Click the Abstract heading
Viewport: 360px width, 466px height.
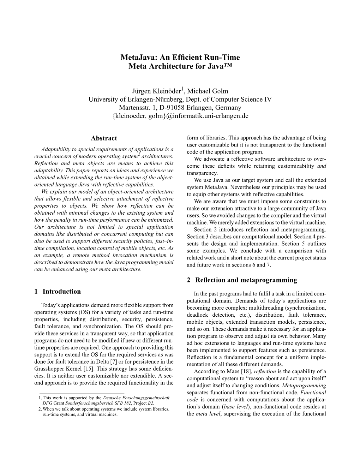coord(104,138)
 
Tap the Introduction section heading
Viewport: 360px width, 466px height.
coord(61,292)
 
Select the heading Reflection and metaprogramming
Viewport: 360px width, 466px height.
coord(246,280)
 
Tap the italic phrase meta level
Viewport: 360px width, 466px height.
coord(206,414)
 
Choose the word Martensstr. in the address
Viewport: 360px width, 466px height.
coord(133,108)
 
